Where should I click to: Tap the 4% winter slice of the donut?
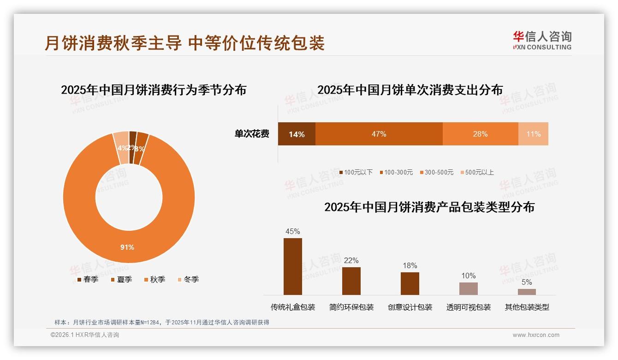click(x=121, y=148)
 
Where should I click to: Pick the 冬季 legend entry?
click(x=188, y=279)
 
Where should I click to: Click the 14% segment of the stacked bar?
click(x=297, y=134)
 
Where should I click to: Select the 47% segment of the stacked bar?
click(x=379, y=134)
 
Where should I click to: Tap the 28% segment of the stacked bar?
click(x=480, y=134)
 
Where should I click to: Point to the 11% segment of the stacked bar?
click(x=533, y=134)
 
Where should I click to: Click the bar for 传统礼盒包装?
click(x=293, y=266)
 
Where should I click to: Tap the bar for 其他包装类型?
click(x=527, y=292)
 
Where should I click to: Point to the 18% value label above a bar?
click(x=410, y=265)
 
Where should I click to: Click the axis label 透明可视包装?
click(x=469, y=307)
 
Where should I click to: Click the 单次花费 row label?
click(x=252, y=134)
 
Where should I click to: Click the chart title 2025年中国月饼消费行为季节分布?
click(x=154, y=90)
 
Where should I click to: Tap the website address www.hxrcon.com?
click(x=536, y=335)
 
